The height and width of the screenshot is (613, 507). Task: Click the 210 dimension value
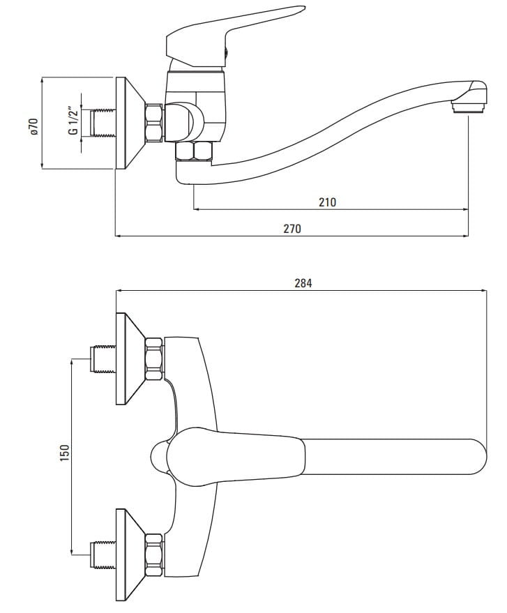coord(327,202)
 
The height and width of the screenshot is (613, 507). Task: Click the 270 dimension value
coord(292,229)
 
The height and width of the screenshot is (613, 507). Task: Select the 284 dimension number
coord(303,283)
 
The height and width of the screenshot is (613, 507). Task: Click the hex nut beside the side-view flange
coord(153,123)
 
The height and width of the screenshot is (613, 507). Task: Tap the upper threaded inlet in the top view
coord(103,358)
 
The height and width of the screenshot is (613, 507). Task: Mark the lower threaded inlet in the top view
coord(103,554)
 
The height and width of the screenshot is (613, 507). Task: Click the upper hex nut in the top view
coord(153,358)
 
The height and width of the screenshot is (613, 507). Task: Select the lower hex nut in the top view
coord(153,554)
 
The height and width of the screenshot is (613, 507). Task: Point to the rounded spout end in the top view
coord(476,458)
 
